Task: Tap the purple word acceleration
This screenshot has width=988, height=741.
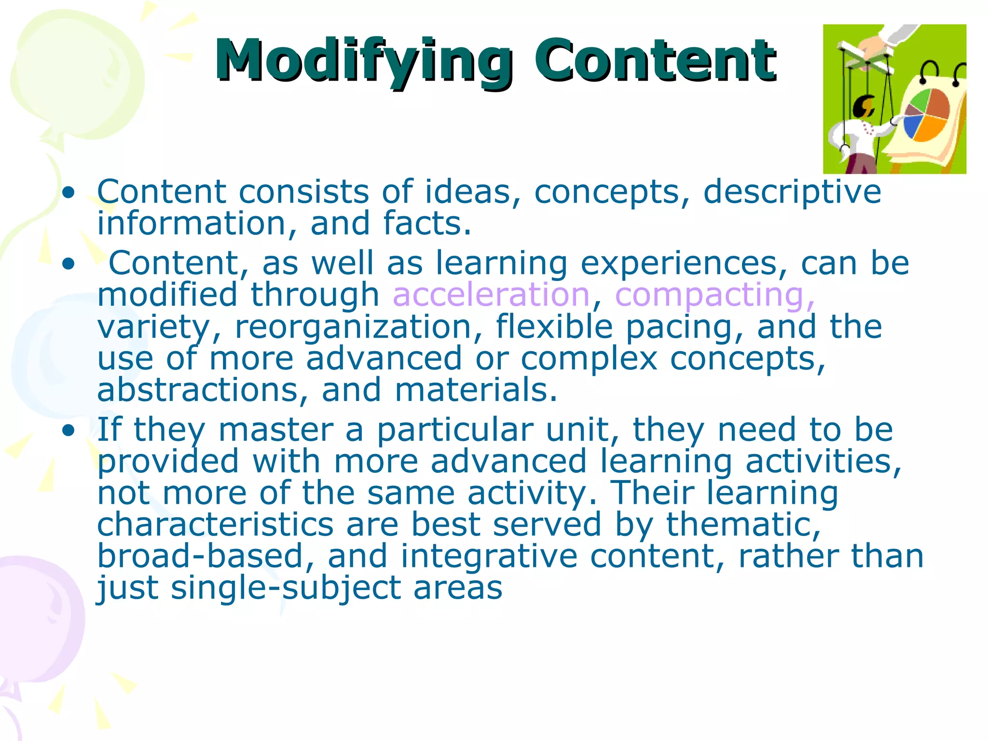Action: (x=491, y=295)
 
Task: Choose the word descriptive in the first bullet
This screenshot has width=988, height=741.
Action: (x=792, y=192)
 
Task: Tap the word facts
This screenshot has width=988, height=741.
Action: (x=427, y=224)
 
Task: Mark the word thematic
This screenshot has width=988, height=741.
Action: (x=743, y=524)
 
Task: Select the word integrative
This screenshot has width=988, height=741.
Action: (x=489, y=557)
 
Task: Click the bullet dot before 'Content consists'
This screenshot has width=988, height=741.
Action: (x=69, y=193)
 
